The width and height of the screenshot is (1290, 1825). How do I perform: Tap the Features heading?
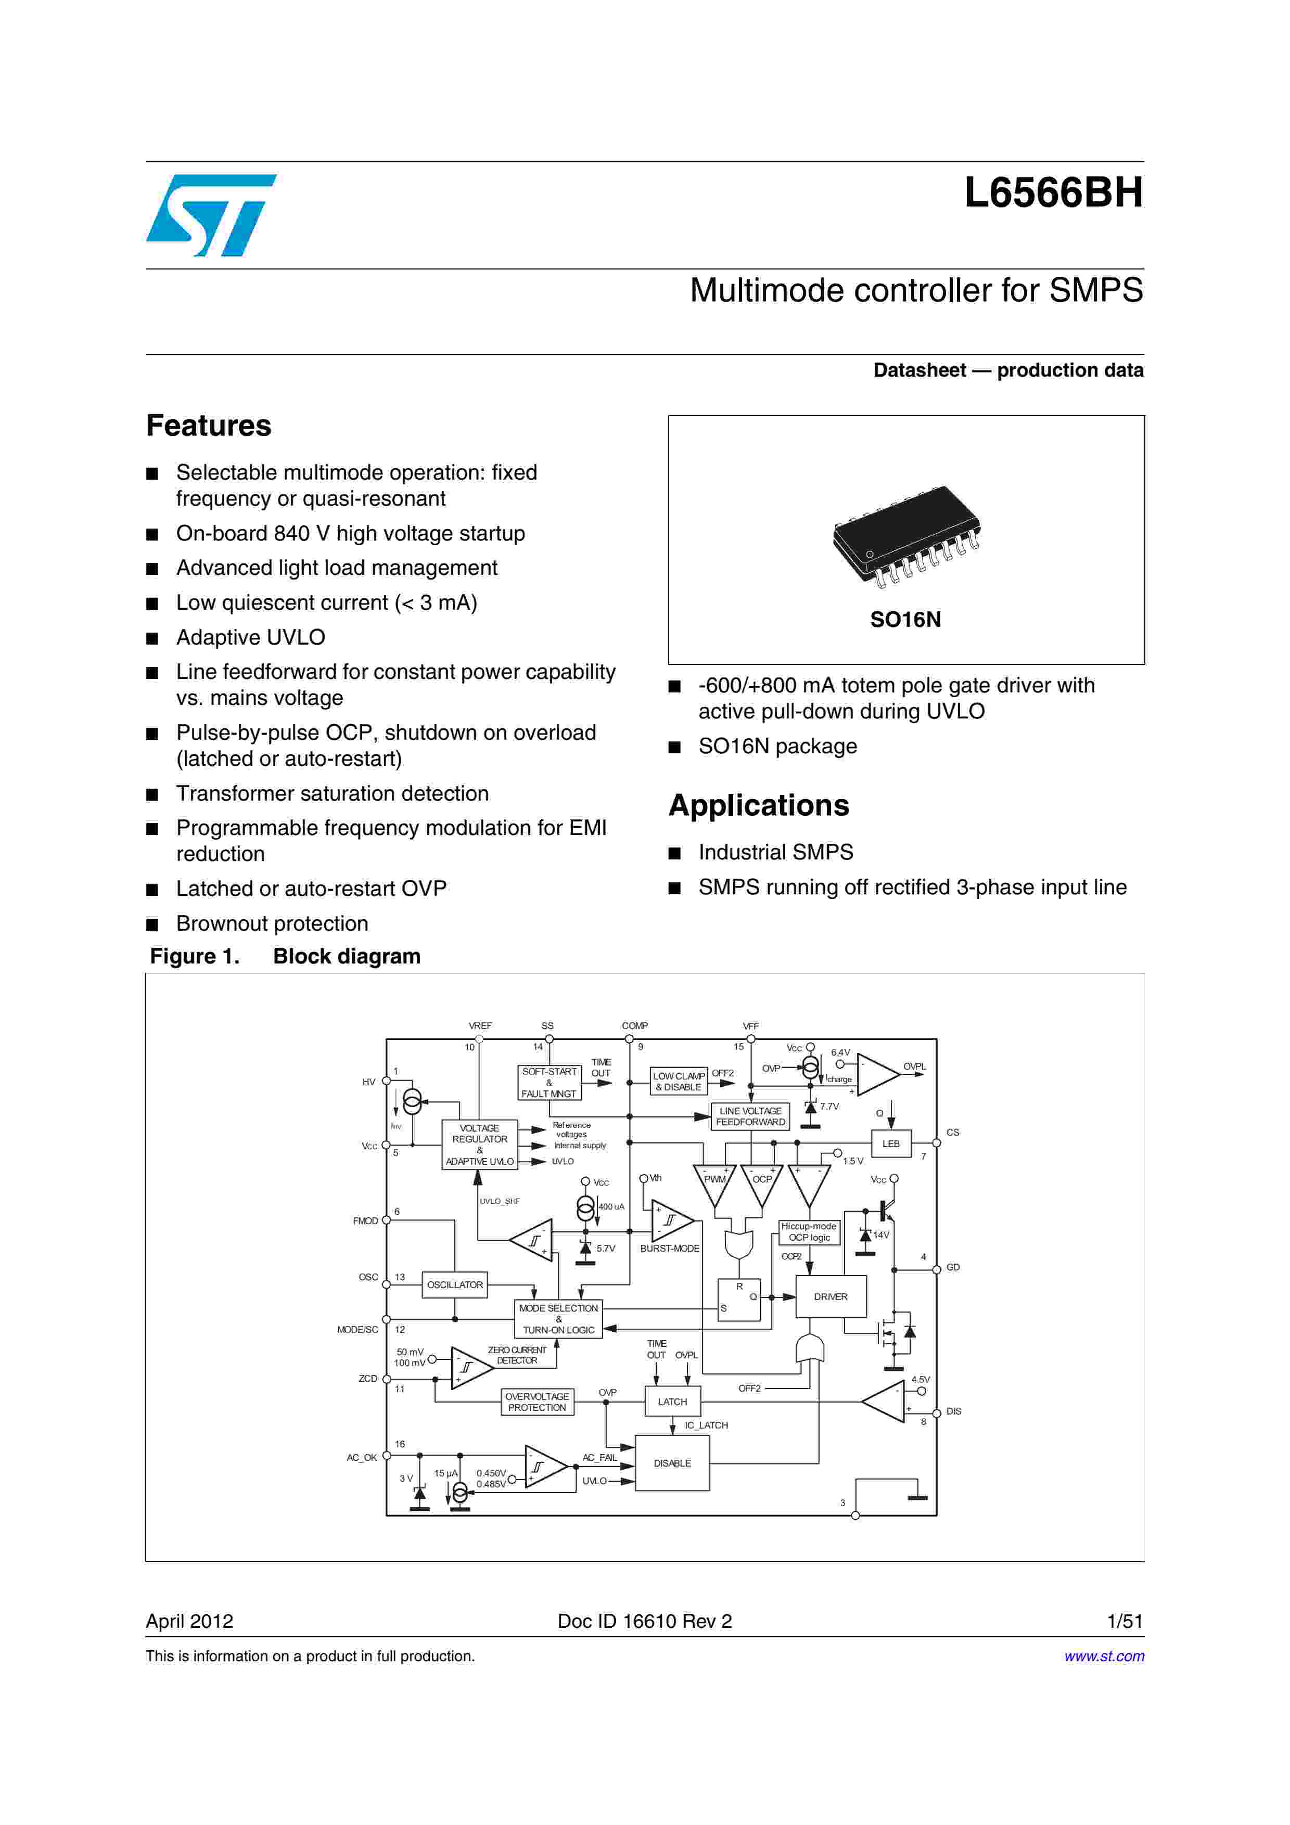(x=208, y=426)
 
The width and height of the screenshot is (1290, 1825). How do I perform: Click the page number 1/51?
(x=1124, y=1621)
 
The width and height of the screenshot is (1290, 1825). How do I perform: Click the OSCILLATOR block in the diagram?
(x=455, y=1284)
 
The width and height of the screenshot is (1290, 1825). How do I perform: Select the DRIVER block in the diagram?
(x=830, y=1296)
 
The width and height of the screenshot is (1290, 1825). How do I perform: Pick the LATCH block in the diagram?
(x=672, y=1402)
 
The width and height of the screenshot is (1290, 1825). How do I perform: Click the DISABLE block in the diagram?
(x=672, y=1462)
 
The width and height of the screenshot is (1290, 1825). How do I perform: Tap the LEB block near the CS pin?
(x=890, y=1144)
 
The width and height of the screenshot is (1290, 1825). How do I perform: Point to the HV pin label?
(x=369, y=1082)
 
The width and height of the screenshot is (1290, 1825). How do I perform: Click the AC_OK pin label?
(x=362, y=1457)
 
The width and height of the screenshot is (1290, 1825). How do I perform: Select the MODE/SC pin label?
(x=357, y=1329)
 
